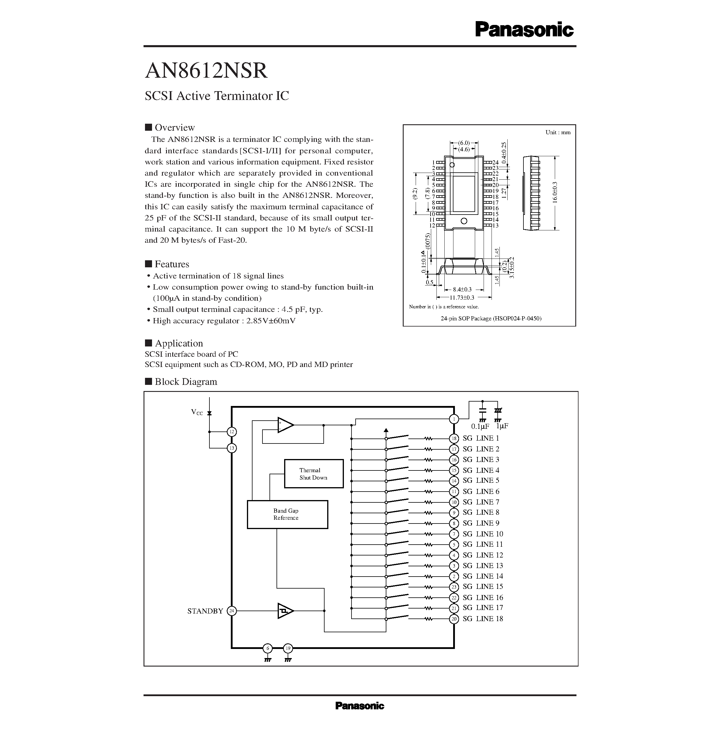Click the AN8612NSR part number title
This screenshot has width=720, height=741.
[207, 70]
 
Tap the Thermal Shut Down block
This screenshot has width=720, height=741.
[313, 474]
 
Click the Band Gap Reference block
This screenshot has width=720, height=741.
[287, 514]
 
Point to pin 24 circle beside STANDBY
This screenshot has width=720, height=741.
[231, 611]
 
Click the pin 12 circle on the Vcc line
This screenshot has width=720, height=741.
[231, 432]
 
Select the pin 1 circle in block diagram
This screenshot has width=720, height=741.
[454, 419]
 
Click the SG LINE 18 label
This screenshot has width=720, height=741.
[483, 619]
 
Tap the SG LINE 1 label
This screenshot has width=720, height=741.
[481, 438]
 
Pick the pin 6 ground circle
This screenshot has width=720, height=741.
[268, 648]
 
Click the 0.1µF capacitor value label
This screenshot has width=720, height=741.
[480, 426]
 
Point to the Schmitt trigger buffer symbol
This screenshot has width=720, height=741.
[285, 611]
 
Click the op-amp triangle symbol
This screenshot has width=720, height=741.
[285, 425]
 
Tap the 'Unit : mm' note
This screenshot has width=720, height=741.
[558, 132]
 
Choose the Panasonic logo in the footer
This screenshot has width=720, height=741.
[360, 706]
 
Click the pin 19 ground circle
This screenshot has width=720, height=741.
[288, 648]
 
